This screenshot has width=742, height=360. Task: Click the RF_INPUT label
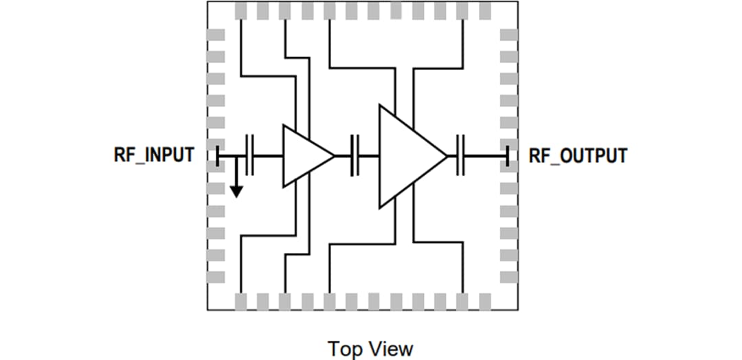[153, 155]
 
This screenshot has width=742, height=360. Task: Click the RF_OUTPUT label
[577, 155]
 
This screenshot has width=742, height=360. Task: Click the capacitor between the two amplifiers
[355, 156]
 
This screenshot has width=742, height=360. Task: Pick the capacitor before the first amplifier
[249, 156]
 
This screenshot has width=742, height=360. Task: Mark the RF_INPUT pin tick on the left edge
[217, 156]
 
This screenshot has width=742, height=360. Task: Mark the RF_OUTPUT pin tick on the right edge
[507, 156]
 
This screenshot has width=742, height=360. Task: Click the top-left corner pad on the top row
[241, 10]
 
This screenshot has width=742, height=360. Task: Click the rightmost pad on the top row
[484, 10]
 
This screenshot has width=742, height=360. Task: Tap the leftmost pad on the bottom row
[241, 301]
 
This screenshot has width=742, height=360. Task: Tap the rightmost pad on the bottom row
[484, 301]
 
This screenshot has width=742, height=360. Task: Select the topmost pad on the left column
[216, 35]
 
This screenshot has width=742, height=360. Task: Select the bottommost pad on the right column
[508, 277]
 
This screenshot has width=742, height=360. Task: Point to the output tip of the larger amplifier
[447, 156]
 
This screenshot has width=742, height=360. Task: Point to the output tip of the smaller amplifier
[334, 156]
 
